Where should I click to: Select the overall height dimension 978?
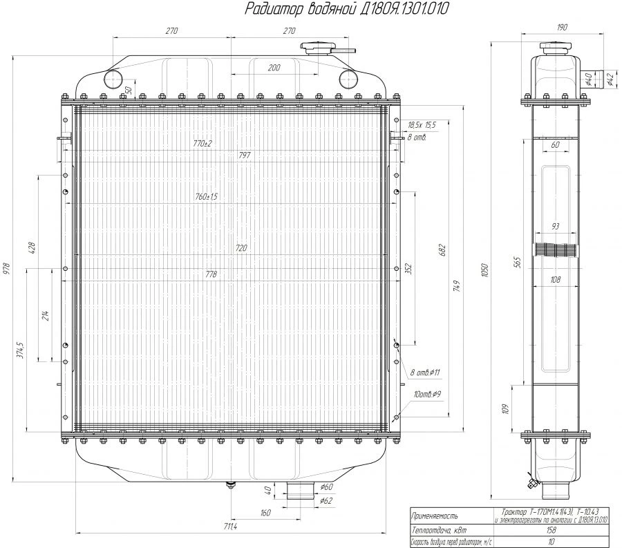click(8, 268)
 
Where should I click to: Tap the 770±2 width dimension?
click(202, 143)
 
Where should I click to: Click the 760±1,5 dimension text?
click(206, 197)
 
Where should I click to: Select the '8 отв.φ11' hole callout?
click(425, 372)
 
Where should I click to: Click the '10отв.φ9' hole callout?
click(427, 394)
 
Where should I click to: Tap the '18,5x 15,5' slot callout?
click(422, 124)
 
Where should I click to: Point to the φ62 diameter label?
click(327, 500)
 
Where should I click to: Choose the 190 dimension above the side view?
click(561, 27)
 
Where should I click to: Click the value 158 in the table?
click(551, 530)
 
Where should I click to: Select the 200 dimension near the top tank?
click(274, 67)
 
